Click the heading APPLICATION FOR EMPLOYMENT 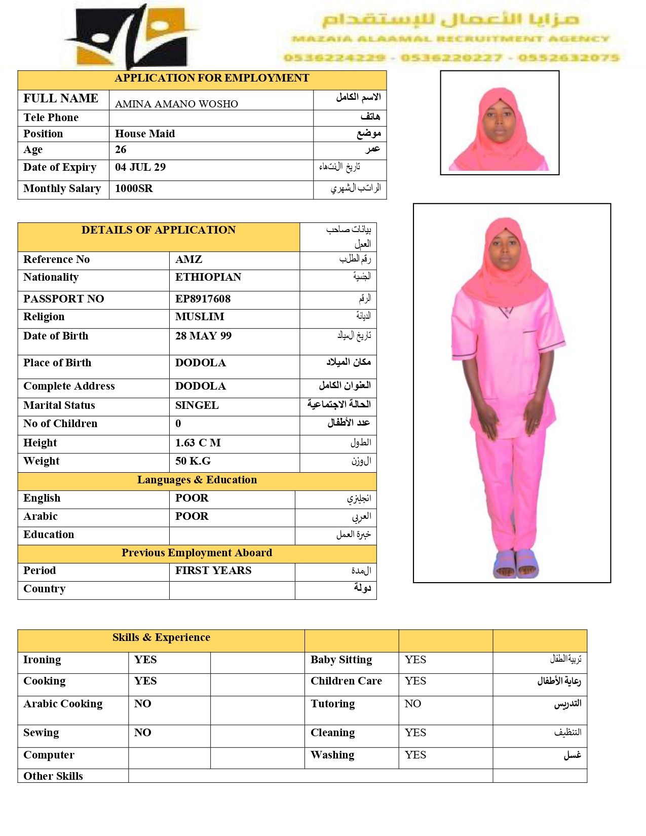tap(211, 78)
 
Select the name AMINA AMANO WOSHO tap(176, 104)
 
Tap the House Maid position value tap(145, 134)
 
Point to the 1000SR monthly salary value tap(134, 188)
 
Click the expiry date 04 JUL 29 tap(140, 167)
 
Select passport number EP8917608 tap(203, 299)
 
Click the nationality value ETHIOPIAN tap(208, 277)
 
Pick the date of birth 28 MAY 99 tap(203, 336)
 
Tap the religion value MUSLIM tap(200, 317)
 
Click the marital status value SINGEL tap(197, 405)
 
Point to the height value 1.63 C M tap(198, 443)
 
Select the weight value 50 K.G tap(193, 461)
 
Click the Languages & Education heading tap(197, 480)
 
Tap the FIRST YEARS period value tap(213, 571)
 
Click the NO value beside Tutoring tap(413, 704)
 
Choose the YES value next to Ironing tap(145, 660)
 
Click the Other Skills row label tap(53, 776)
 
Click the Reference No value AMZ tap(189, 259)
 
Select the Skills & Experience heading tap(161, 637)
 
